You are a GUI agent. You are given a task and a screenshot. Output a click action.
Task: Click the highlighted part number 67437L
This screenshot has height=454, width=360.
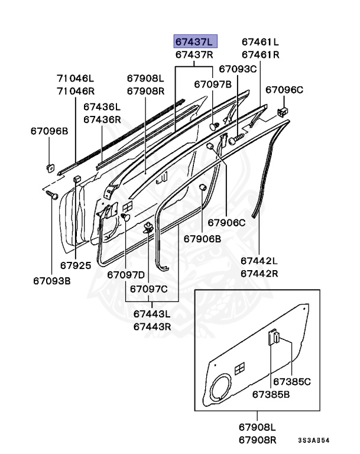tap(195, 41)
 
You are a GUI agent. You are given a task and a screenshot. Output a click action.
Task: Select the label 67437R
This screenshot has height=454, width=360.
tap(195, 54)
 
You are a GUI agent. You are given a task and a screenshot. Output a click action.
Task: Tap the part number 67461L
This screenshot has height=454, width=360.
tap(260, 41)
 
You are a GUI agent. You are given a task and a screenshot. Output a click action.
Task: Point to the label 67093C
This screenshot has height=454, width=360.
tap(238, 69)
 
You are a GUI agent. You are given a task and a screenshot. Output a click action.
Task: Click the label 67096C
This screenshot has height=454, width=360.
tap(284, 90)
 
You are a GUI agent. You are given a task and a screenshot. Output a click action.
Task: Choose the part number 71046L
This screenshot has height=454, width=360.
tap(76, 78)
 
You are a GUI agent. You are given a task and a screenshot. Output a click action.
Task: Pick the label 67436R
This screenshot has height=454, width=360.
tap(102, 119)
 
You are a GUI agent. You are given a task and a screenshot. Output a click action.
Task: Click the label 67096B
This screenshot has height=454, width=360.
tap(50, 131)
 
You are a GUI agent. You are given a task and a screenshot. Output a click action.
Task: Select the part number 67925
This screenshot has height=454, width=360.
tap(76, 265)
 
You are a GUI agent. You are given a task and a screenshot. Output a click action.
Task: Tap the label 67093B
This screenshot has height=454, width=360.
tap(52, 281)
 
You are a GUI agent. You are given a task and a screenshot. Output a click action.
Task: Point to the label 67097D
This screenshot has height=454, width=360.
tap(126, 275)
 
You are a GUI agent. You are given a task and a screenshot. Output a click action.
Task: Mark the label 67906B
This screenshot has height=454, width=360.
tap(202, 239)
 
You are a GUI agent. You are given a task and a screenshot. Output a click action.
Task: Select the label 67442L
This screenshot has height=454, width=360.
tap(259, 261)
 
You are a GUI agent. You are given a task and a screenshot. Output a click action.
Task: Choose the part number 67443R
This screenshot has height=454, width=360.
tap(152, 326)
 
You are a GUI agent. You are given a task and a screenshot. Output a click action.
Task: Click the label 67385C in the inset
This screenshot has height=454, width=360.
tap(292, 382)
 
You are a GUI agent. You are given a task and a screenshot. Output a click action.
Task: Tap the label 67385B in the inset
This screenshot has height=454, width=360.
tap(271, 394)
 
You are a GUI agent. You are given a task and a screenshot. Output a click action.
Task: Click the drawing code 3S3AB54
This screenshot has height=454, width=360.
tap(313, 440)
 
